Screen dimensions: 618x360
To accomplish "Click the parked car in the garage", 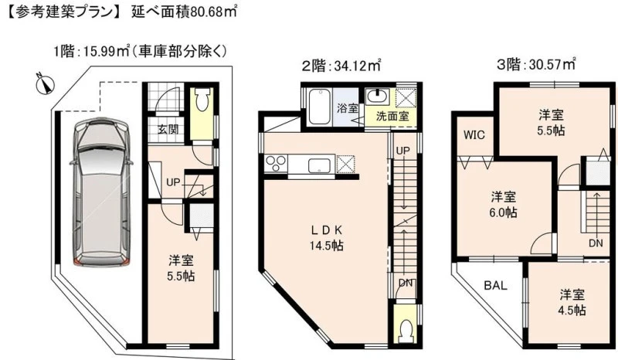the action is (x=102, y=192).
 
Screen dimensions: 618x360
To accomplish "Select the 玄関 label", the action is (x=168, y=129).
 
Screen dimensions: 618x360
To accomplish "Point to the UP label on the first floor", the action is (x=172, y=182).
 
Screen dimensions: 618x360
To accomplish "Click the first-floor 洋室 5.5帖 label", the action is (x=181, y=268).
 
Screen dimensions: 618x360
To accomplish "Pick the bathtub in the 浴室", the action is (x=319, y=107).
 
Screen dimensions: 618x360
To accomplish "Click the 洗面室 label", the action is (x=392, y=116).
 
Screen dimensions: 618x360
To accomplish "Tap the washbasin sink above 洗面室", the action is (x=378, y=97).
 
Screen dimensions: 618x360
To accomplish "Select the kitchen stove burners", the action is (x=276, y=163).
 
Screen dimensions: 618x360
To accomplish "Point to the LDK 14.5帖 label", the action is (x=326, y=238).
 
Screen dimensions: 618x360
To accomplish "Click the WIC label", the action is (x=474, y=135).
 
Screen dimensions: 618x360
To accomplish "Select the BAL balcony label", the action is (x=495, y=286).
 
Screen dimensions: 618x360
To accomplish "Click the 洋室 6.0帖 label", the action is (x=504, y=204).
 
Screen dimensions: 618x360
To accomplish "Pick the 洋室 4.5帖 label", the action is (x=572, y=302).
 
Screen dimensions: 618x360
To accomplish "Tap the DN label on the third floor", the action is (x=596, y=243).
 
